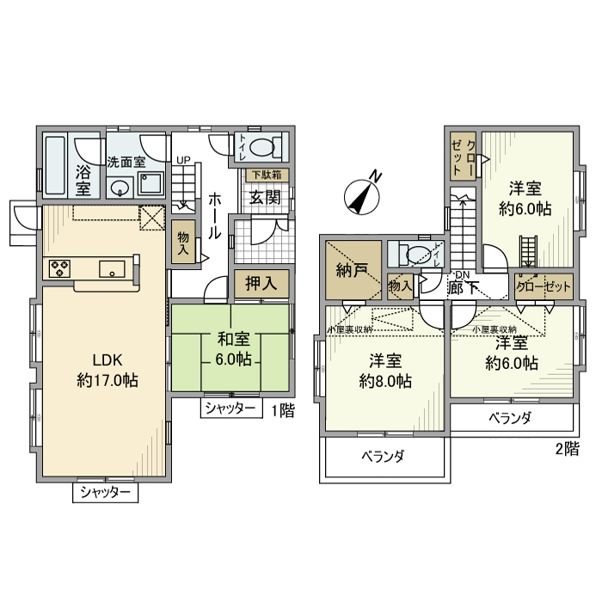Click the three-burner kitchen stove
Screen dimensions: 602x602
tap(59, 269)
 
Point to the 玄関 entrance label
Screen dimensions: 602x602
tap(263, 196)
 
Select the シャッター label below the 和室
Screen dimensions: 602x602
tap(230, 408)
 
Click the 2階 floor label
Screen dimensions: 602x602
tap(566, 447)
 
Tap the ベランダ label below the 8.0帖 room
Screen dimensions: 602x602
tap(383, 456)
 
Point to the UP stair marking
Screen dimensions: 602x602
tap(184, 160)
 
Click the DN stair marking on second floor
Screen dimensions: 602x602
tap(463, 273)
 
